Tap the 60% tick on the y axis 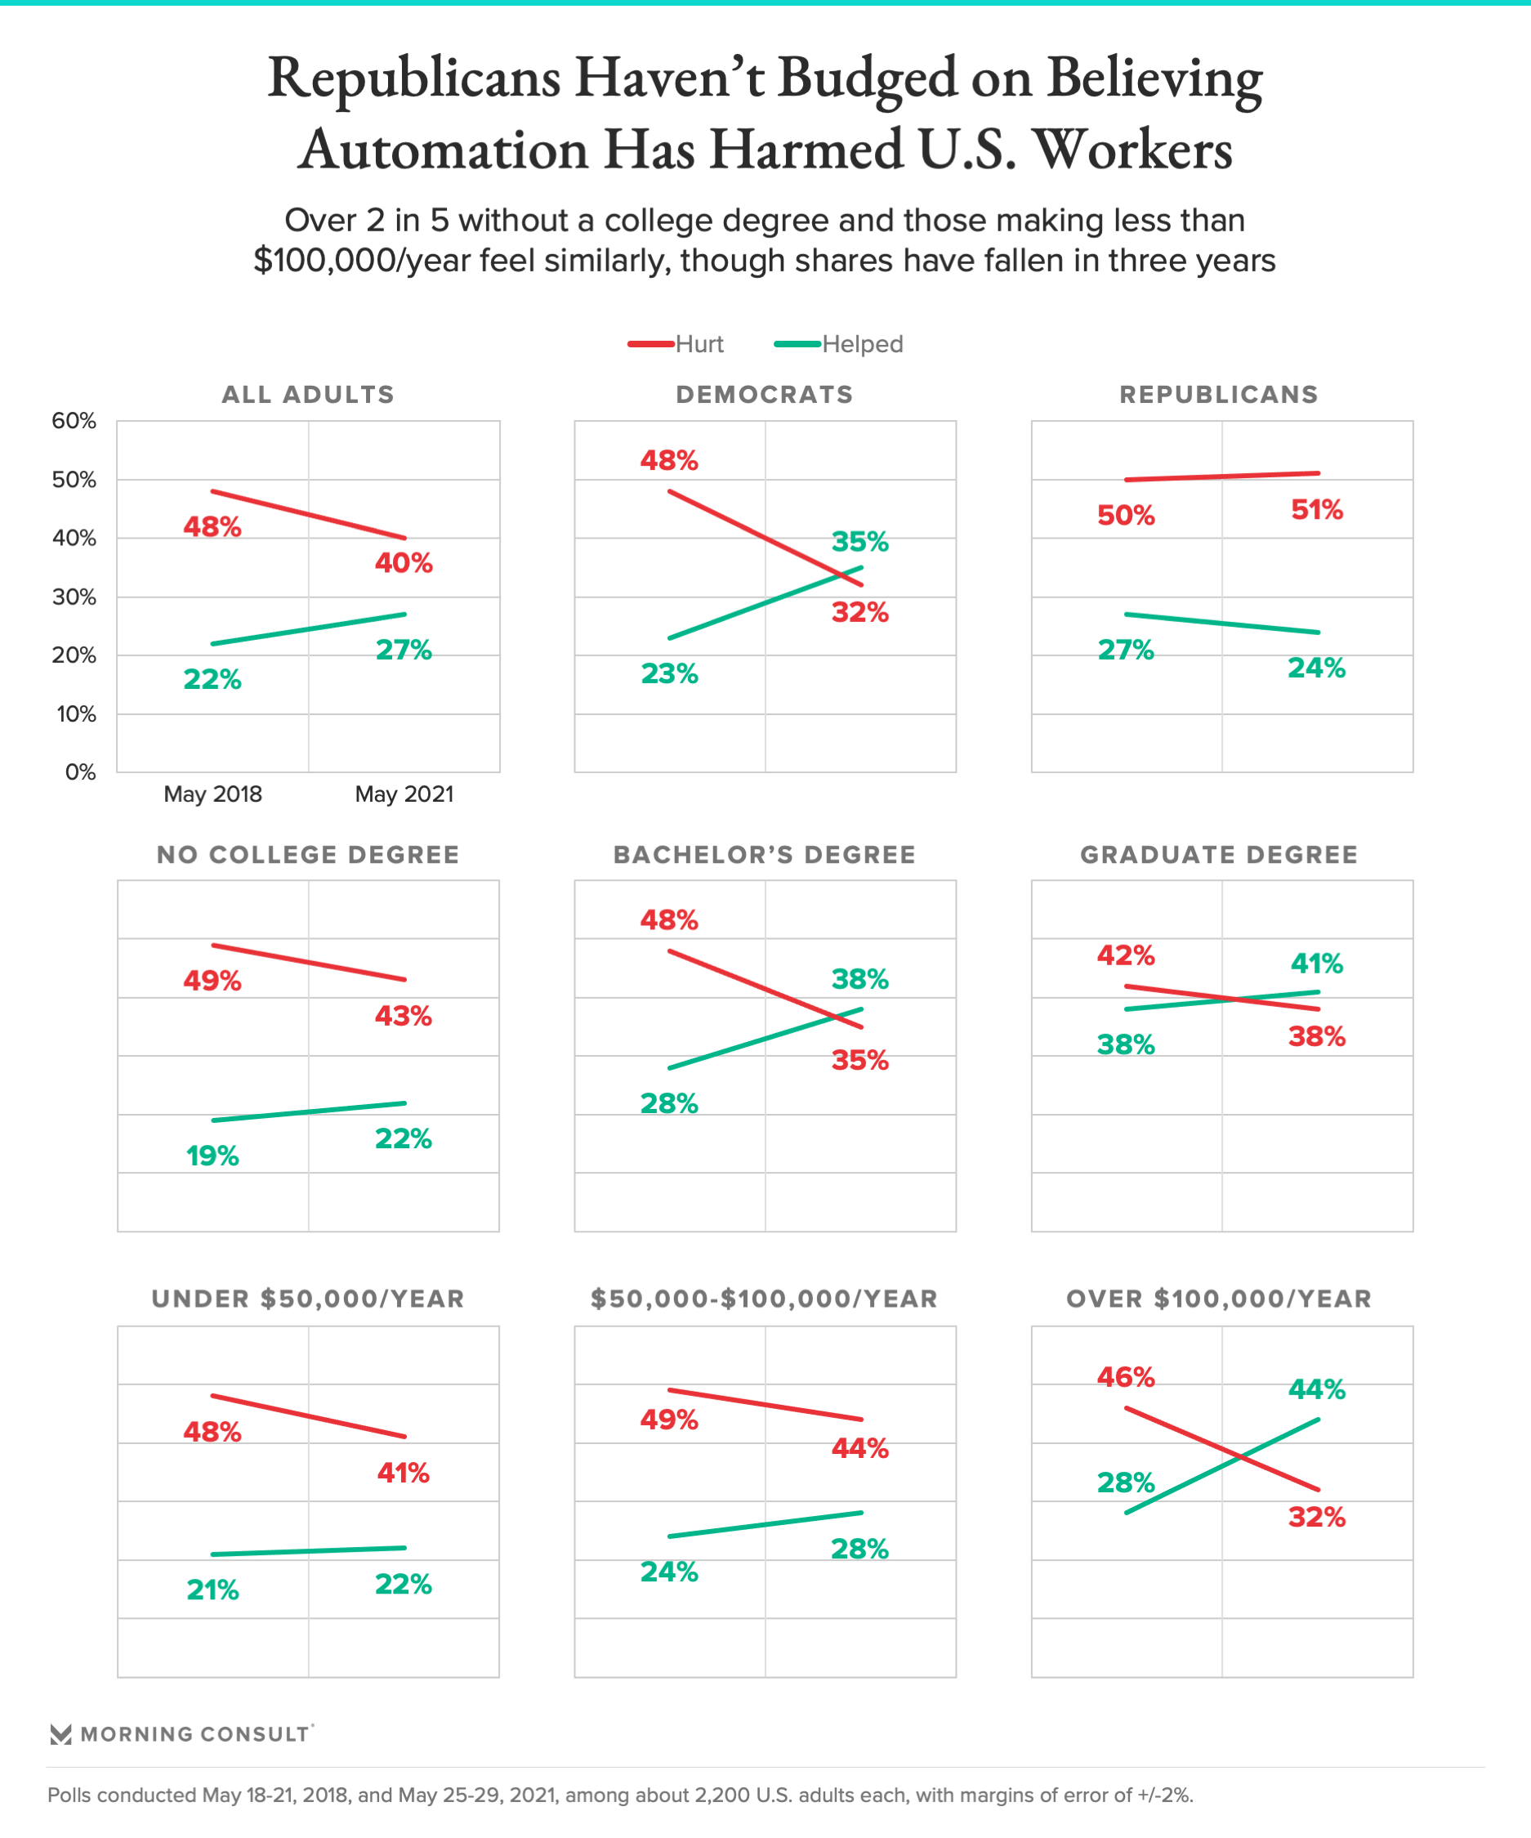point(74,421)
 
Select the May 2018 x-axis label point(212,794)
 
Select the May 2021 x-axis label point(404,794)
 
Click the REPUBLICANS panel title point(1219,395)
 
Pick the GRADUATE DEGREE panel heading point(1219,854)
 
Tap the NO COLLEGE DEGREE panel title point(308,854)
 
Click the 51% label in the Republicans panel point(1317,509)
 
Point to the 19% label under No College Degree point(212,1156)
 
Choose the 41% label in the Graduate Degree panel point(1317,964)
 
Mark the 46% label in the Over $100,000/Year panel point(1126,1377)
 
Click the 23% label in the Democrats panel point(669,673)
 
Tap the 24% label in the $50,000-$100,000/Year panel point(669,1571)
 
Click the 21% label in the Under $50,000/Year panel point(212,1590)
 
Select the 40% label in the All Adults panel point(404,563)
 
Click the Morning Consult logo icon point(60,1734)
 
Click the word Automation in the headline point(443,149)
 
